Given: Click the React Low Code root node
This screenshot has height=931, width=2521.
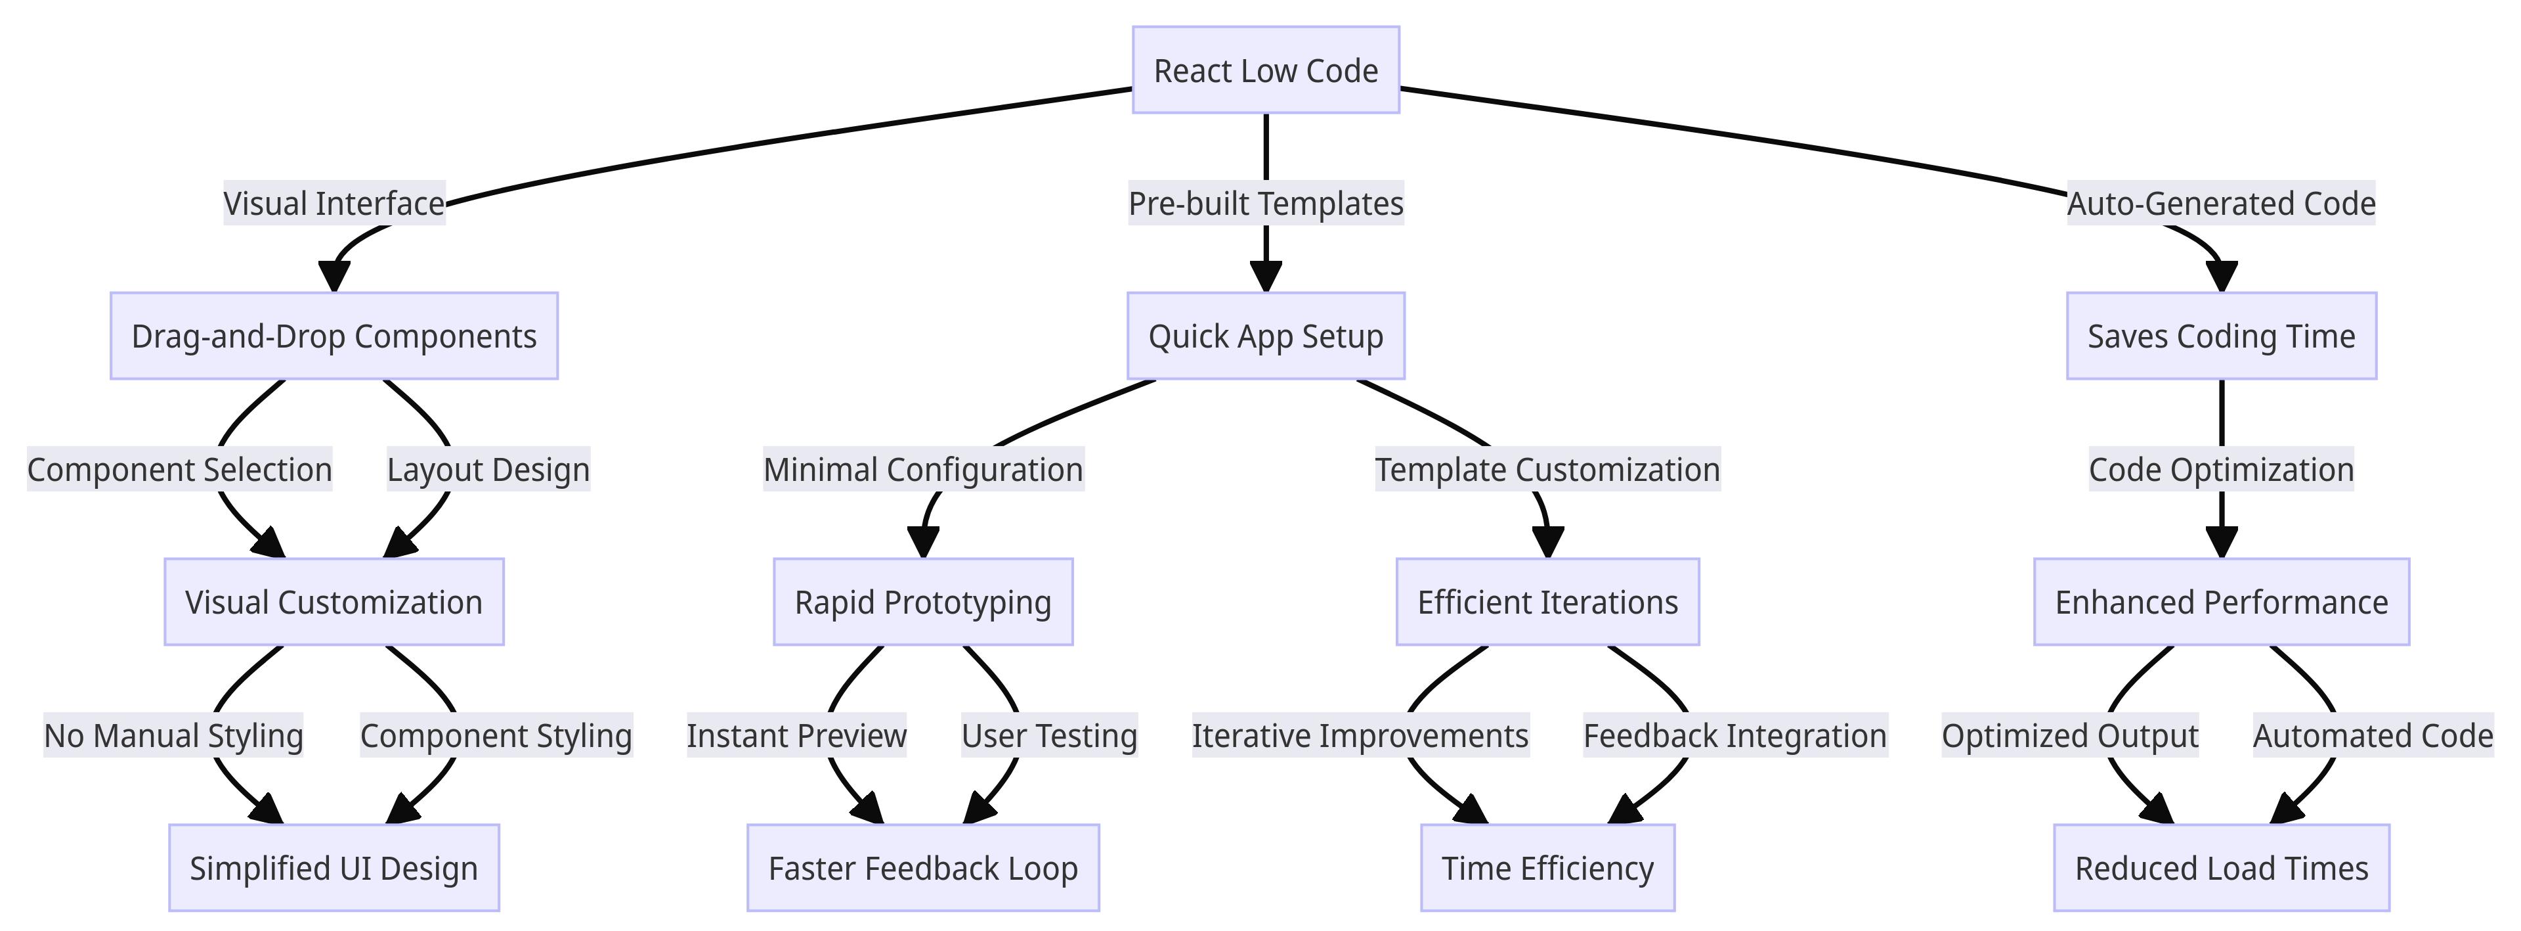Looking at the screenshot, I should coord(1265,70).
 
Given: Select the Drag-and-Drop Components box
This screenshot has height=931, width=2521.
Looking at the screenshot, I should coord(334,336).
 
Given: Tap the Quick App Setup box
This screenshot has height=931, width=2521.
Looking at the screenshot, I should coord(1265,336).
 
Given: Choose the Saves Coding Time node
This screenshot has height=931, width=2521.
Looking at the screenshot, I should coord(2220,336).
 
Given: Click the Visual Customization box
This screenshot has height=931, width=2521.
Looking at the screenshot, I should coord(334,602).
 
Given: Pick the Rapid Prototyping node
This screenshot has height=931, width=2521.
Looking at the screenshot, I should coord(923,602).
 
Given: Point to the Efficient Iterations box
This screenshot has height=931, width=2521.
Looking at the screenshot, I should coord(1547,602).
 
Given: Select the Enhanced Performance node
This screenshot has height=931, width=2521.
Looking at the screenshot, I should coord(2220,602).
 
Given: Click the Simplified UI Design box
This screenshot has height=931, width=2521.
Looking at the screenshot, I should coord(334,869).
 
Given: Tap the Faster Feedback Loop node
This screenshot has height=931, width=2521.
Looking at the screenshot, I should coord(923,869).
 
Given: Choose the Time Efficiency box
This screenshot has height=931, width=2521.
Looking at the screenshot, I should coord(1547,869).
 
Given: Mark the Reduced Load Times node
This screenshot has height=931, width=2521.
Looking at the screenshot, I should coord(2220,869).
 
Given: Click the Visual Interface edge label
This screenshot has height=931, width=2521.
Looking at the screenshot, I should coord(334,204).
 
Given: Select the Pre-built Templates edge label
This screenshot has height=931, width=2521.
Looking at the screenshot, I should coord(1265,204).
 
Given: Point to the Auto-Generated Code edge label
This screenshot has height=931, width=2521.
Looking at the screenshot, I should coord(2220,204).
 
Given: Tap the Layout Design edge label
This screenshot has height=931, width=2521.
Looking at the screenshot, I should coord(488,470).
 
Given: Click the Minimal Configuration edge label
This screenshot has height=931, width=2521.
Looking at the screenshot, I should coord(923,470).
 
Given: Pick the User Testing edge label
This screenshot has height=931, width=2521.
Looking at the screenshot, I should coord(1049,736).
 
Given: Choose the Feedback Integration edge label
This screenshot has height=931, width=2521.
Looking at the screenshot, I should coord(1734,736).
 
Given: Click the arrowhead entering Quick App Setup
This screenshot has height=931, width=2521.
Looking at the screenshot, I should coord(1265,278).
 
